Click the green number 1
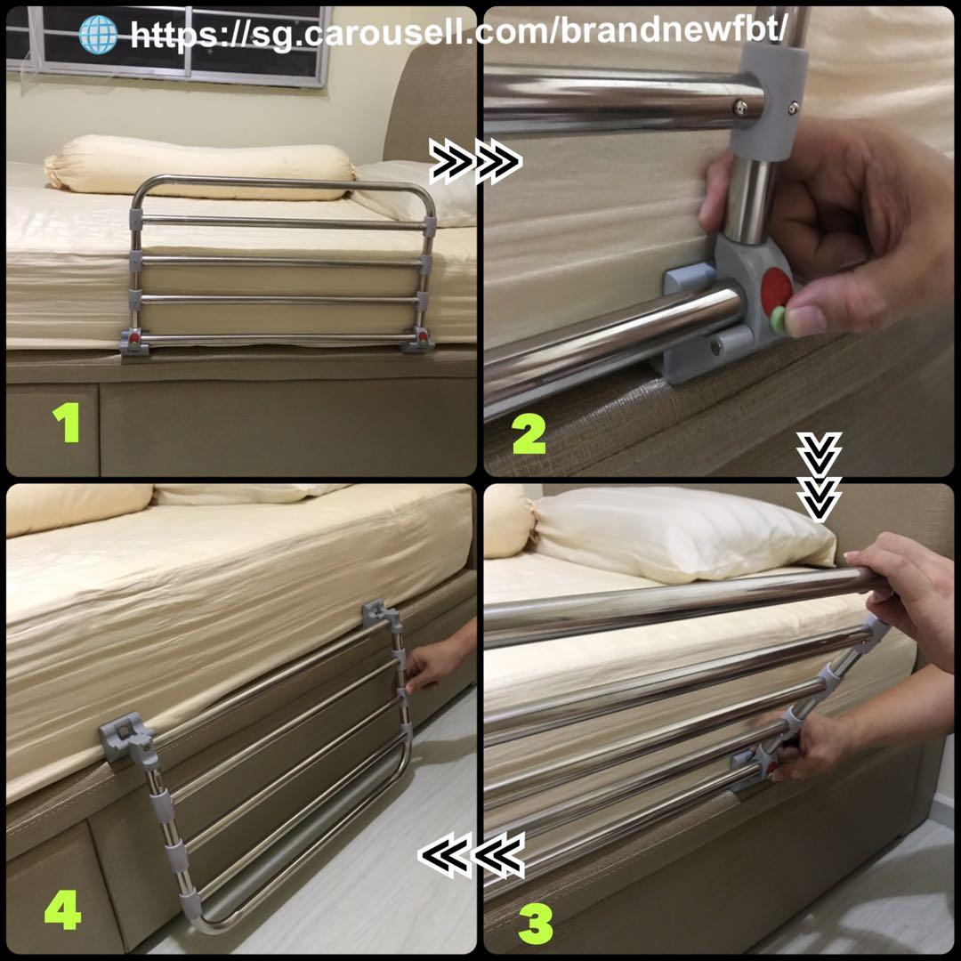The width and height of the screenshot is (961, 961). click(x=66, y=425)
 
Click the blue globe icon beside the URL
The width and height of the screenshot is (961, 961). click(x=98, y=34)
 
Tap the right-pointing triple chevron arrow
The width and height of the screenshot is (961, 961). click(x=475, y=162)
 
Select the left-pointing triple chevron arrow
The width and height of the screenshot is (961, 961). click(x=472, y=856)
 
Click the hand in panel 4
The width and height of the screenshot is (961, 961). click(x=436, y=664)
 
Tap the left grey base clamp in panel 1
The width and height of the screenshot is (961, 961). click(x=133, y=342)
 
